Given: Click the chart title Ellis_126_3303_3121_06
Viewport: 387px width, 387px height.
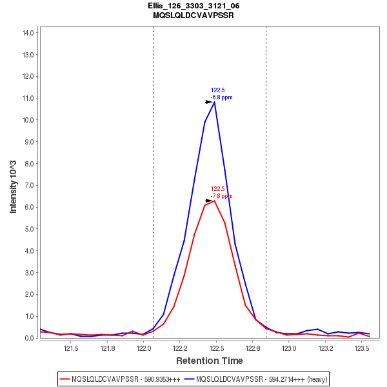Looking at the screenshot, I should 193,6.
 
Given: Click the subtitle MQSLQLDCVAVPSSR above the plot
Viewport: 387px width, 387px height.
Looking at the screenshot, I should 193,15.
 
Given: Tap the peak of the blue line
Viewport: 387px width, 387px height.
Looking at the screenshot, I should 214,101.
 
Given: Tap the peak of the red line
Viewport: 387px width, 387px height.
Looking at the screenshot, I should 214,201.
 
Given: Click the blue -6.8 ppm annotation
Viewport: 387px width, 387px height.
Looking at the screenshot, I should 221,98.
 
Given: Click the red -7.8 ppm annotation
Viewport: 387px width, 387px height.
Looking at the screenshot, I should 221,196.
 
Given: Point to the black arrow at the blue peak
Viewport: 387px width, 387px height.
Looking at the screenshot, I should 209,102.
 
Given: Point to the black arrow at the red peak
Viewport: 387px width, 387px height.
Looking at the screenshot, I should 209,201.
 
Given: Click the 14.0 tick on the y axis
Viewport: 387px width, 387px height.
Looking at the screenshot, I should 28,32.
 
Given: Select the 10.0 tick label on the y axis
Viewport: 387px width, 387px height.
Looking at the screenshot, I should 28,120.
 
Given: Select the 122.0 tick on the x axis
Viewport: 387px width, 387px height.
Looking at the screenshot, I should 144,349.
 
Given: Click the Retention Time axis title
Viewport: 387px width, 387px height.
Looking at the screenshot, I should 210,361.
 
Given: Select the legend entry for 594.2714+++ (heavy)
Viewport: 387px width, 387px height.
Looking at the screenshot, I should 256,379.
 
